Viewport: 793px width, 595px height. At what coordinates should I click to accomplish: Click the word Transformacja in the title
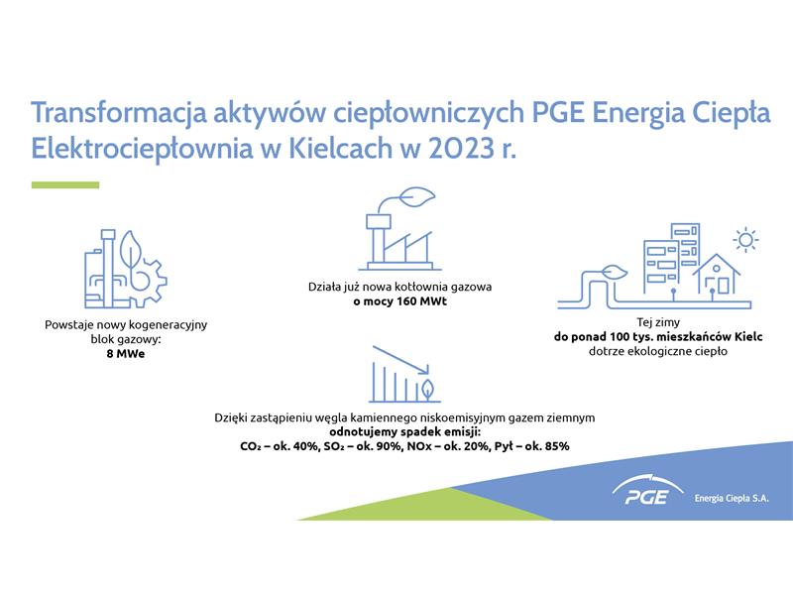coord(119,113)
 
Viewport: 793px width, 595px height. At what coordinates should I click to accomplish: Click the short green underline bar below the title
coord(65,185)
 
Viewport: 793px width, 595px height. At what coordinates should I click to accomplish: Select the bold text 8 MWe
coord(126,354)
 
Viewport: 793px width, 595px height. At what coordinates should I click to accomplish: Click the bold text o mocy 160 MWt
coord(400,301)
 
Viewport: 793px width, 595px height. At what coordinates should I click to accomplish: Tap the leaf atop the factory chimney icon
coord(417,197)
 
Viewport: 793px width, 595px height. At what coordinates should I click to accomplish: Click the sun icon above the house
coord(746,240)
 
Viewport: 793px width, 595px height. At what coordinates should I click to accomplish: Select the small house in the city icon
coord(716,276)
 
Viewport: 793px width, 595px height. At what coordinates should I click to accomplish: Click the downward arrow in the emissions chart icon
coord(400,360)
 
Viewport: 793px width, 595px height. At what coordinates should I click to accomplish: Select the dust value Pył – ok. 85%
coord(532,446)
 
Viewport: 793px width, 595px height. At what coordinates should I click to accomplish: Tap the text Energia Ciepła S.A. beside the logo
coord(732,499)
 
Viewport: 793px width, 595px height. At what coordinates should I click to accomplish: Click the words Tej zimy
coord(658,322)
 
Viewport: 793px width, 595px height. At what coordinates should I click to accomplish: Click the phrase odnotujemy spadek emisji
coord(404,432)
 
